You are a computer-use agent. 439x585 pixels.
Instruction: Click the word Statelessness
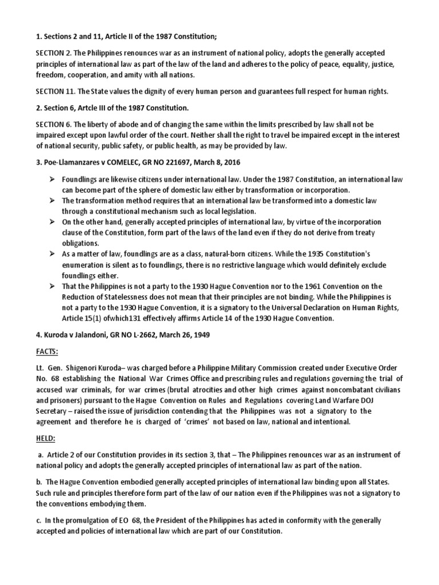pos(130,296)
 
